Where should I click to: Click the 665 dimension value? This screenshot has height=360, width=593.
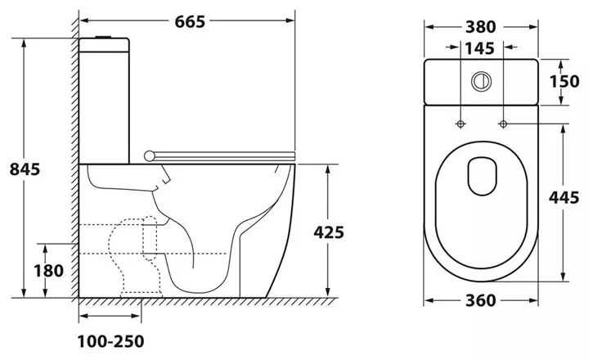click(190, 21)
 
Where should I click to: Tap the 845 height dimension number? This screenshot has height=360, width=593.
click(25, 169)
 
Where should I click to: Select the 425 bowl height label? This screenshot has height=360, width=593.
click(329, 232)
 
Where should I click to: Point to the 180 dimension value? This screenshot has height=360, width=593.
click(49, 271)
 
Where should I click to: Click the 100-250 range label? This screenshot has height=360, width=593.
click(110, 341)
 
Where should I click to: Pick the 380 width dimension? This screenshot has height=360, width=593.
click(481, 27)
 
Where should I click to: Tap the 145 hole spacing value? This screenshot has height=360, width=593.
click(479, 48)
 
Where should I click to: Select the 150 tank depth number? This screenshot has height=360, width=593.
click(564, 81)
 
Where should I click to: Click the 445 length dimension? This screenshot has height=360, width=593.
click(564, 197)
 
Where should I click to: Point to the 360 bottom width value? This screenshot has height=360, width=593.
click(481, 300)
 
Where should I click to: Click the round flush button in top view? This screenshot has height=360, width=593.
click(481, 81)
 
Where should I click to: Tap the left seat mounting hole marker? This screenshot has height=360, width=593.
click(460, 124)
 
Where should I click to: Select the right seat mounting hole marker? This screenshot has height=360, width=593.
click(503, 124)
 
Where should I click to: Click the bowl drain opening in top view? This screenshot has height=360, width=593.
click(483, 176)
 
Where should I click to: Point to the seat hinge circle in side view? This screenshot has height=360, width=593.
click(150, 155)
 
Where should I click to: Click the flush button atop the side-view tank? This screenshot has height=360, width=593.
click(104, 37)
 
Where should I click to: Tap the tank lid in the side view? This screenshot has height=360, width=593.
click(104, 45)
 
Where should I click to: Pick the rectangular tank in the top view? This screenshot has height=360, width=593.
click(481, 82)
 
